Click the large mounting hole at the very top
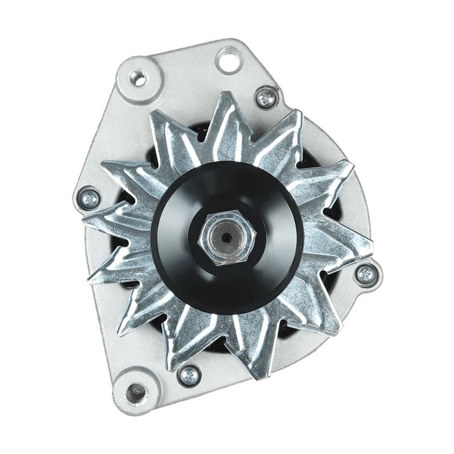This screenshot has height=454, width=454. pos(229,58)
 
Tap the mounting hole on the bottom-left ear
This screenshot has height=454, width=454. pos(135,391)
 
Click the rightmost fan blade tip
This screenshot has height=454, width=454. pos(372,247)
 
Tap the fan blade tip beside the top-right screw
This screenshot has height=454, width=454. pos(295,113)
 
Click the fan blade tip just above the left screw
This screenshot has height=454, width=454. pos(102,165)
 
